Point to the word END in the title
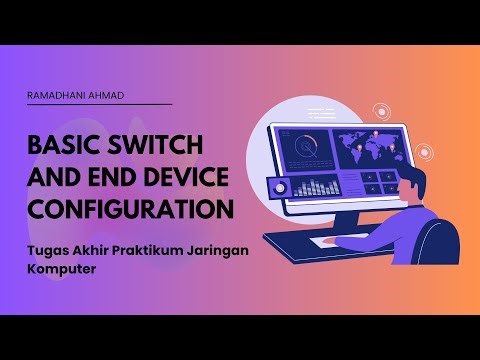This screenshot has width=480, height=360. click(97, 179)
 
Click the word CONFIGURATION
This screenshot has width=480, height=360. click(131, 211)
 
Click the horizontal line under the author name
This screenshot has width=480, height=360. click(99, 105)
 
